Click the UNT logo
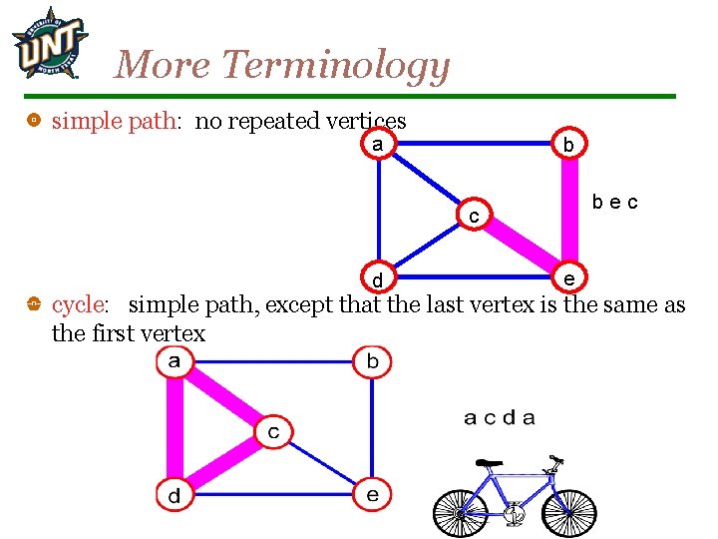click(x=48, y=43)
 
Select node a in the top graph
click(x=377, y=144)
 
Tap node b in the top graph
click(x=567, y=144)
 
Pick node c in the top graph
click(x=475, y=215)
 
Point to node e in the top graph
click(x=567, y=276)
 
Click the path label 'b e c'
click(x=614, y=202)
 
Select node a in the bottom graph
click(x=175, y=361)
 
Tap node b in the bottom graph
click(x=372, y=361)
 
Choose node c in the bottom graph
click(x=273, y=432)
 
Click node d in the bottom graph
click(x=175, y=494)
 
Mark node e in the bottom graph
click(x=372, y=494)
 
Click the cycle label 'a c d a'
click(x=499, y=418)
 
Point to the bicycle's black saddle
click(x=488, y=463)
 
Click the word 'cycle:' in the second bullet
click(x=80, y=303)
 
